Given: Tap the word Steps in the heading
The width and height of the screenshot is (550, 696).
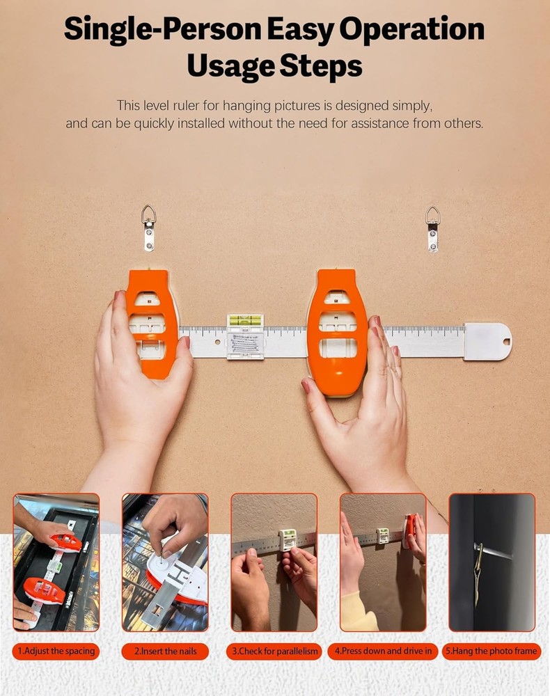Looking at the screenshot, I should click(319, 67).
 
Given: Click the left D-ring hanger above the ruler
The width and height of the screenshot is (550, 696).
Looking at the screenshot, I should click(148, 227).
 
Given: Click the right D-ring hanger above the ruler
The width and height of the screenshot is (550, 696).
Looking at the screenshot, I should click(432, 228).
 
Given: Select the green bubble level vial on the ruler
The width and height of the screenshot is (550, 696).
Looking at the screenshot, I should click(246, 321).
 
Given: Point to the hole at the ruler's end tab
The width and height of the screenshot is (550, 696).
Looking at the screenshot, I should click(505, 342).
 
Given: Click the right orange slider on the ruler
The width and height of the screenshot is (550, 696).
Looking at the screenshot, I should click(337, 332).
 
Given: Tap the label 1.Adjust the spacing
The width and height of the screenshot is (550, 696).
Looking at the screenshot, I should click(56, 651).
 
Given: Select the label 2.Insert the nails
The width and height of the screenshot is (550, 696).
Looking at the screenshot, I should click(165, 651).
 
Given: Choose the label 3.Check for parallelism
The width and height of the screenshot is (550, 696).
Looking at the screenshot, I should click(274, 651).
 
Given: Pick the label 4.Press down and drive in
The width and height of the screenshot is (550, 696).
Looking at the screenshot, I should click(383, 651).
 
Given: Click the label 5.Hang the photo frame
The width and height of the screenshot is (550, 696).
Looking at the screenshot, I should click(492, 651).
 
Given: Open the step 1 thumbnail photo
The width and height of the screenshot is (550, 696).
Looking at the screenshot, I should click(56, 562).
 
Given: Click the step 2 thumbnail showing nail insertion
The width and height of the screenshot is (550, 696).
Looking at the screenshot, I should click(165, 562).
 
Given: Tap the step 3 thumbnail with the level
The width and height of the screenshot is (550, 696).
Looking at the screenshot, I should click(274, 562).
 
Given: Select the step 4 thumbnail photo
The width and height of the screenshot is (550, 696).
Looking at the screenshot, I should click(383, 562).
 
